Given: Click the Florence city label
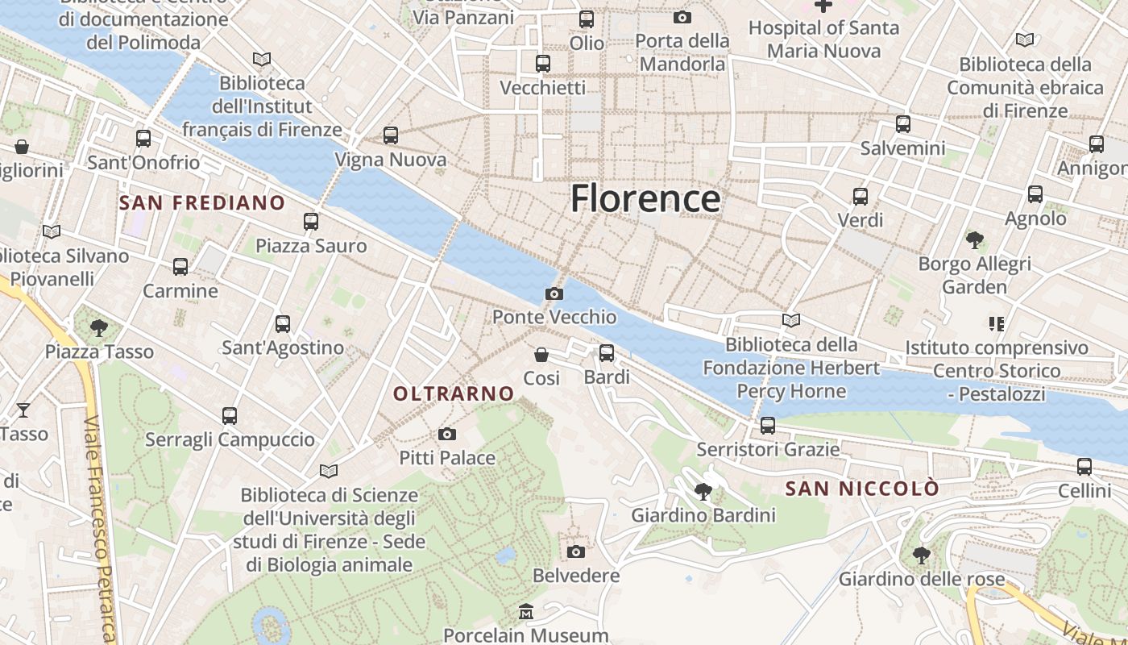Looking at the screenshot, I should [645, 198].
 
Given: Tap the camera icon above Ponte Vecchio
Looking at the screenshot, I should [554, 294].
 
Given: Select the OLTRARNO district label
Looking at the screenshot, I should [454, 393].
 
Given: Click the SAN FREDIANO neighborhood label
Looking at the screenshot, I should [202, 202].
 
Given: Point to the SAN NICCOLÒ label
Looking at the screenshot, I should [862, 489].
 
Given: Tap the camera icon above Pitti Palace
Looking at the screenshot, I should [447, 435].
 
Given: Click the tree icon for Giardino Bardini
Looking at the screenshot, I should [703, 491].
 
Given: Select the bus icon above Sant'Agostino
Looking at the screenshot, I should [283, 324].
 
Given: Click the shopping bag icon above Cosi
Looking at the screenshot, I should [541, 355].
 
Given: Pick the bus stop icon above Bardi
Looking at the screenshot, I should [607, 353].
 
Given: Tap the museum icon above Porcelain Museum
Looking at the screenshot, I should [526, 612].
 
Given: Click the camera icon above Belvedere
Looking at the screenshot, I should [575, 552].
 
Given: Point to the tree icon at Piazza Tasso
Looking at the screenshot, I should [99, 327].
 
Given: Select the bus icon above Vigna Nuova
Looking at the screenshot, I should [391, 135].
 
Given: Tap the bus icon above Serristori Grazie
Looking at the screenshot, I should [768, 426].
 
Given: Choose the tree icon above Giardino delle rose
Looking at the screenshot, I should [922, 556].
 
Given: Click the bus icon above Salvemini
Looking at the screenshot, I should [903, 124].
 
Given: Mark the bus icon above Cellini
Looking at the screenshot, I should [1084, 467].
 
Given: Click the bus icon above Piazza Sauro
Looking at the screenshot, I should [311, 222].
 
